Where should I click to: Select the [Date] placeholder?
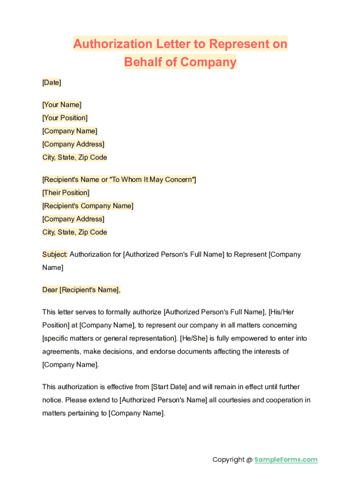(x=51, y=82)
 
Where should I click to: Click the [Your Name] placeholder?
(x=62, y=105)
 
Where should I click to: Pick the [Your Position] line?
(x=65, y=118)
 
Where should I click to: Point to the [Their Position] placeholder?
(x=66, y=193)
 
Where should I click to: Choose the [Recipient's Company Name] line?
(x=88, y=206)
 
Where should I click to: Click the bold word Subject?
(x=55, y=254)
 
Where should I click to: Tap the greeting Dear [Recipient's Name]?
(x=81, y=290)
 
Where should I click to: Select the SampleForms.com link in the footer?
(x=286, y=460)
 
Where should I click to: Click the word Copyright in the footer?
(x=228, y=460)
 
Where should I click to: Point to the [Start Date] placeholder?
(x=169, y=387)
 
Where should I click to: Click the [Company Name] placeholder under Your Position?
(x=70, y=131)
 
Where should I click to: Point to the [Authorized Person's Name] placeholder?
(x=163, y=400)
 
